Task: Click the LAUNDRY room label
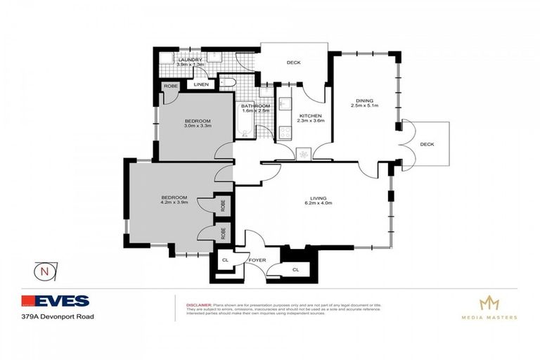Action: pyautogui.click(x=190, y=60)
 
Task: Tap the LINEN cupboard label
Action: pyautogui.click(x=202, y=85)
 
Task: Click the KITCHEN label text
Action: pyautogui.click(x=310, y=115)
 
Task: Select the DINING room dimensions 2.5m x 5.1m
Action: pyautogui.click(x=365, y=106)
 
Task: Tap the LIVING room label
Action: pyautogui.click(x=319, y=199)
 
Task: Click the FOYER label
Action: pyautogui.click(x=256, y=260)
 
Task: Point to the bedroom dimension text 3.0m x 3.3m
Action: pyautogui.click(x=198, y=127)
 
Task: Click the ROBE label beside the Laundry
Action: pyautogui.click(x=170, y=86)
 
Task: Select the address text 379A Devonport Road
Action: pyautogui.click(x=59, y=316)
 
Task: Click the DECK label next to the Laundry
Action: pyautogui.click(x=293, y=63)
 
